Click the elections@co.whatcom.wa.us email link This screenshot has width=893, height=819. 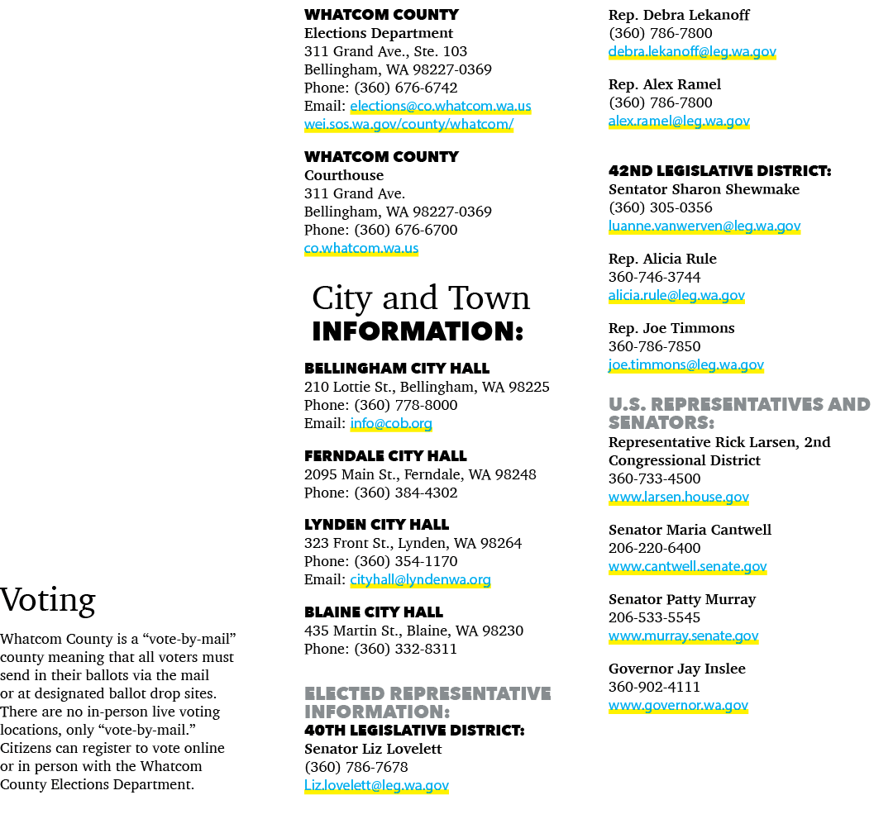click(x=440, y=107)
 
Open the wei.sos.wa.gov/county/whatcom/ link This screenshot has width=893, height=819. click(x=408, y=125)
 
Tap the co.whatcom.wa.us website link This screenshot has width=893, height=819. click(x=361, y=249)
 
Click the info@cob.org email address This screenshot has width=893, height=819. click(x=390, y=424)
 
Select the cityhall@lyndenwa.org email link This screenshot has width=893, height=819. click(x=420, y=580)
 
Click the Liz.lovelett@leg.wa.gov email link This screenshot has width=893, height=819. click(x=376, y=786)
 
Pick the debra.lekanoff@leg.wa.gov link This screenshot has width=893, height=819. click(x=692, y=52)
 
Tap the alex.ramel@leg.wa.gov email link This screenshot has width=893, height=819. click(x=679, y=121)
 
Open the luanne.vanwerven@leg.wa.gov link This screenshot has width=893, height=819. click(x=704, y=226)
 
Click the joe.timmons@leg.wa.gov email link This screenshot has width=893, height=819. click(x=685, y=364)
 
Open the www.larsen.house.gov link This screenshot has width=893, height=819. click(x=678, y=498)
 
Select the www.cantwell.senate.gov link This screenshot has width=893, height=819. click(x=687, y=567)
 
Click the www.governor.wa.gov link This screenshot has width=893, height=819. click(x=678, y=706)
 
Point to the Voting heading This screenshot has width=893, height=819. click(x=48, y=601)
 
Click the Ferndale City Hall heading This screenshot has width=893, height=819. click(x=385, y=456)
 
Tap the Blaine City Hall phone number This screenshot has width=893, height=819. click(x=405, y=649)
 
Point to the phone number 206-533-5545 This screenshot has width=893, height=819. click(x=654, y=617)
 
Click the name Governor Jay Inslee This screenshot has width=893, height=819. click(x=676, y=669)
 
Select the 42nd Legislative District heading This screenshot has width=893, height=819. click(x=720, y=171)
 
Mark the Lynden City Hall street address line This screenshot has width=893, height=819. click(x=413, y=544)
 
